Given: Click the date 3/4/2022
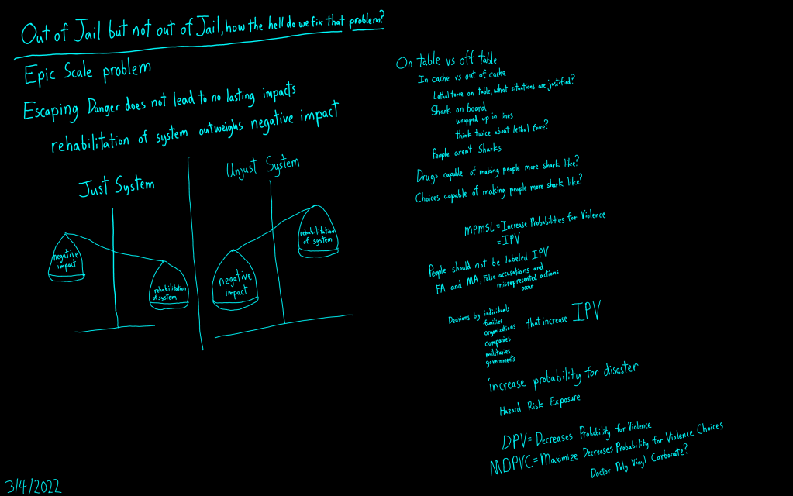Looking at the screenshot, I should (32, 486).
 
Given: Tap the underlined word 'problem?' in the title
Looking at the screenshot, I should (366, 22).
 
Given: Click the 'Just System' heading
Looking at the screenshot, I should (116, 187).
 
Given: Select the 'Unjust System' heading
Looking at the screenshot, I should (251, 167).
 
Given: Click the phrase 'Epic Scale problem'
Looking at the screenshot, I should (88, 72).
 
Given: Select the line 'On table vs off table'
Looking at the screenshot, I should (446, 60).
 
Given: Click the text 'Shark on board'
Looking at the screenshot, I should (458, 109).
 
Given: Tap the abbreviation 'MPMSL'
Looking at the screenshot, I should (480, 229).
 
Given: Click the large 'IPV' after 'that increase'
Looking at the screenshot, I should (586, 312).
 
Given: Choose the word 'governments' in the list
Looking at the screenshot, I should (500, 360).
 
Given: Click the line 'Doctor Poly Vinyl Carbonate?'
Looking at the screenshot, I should (640, 462).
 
